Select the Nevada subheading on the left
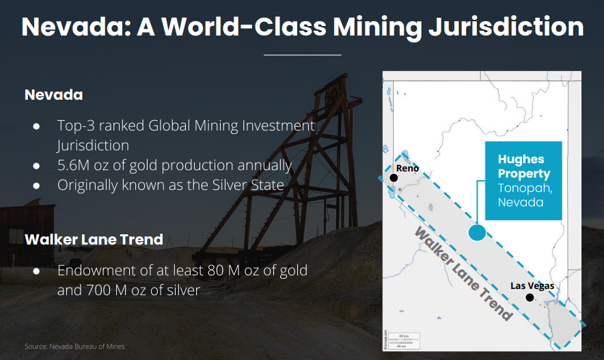pyautogui.click(x=53, y=95)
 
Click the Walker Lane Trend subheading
pyautogui.click(x=94, y=240)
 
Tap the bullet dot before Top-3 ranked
pyautogui.click(x=37, y=126)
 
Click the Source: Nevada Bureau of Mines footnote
pyautogui.click(x=74, y=346)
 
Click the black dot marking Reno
pyautogui.click(x=394, y=178)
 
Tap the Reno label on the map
pyautogui.click(x=407, y=168)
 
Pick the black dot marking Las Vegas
pyautogui.click(x=530, y=298)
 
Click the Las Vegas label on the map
pyautogui.click(x=532, y=286)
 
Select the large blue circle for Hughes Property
pyautogui.click(x=477, y=232)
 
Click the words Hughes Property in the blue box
pyautogui.click(x=524, y=166)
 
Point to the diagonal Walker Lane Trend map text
pyautogui.click(x=463, y=274)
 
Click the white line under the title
pyautogui.click(x=303, y=55)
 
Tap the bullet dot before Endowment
pyautogui.click(x=37, y=271)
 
